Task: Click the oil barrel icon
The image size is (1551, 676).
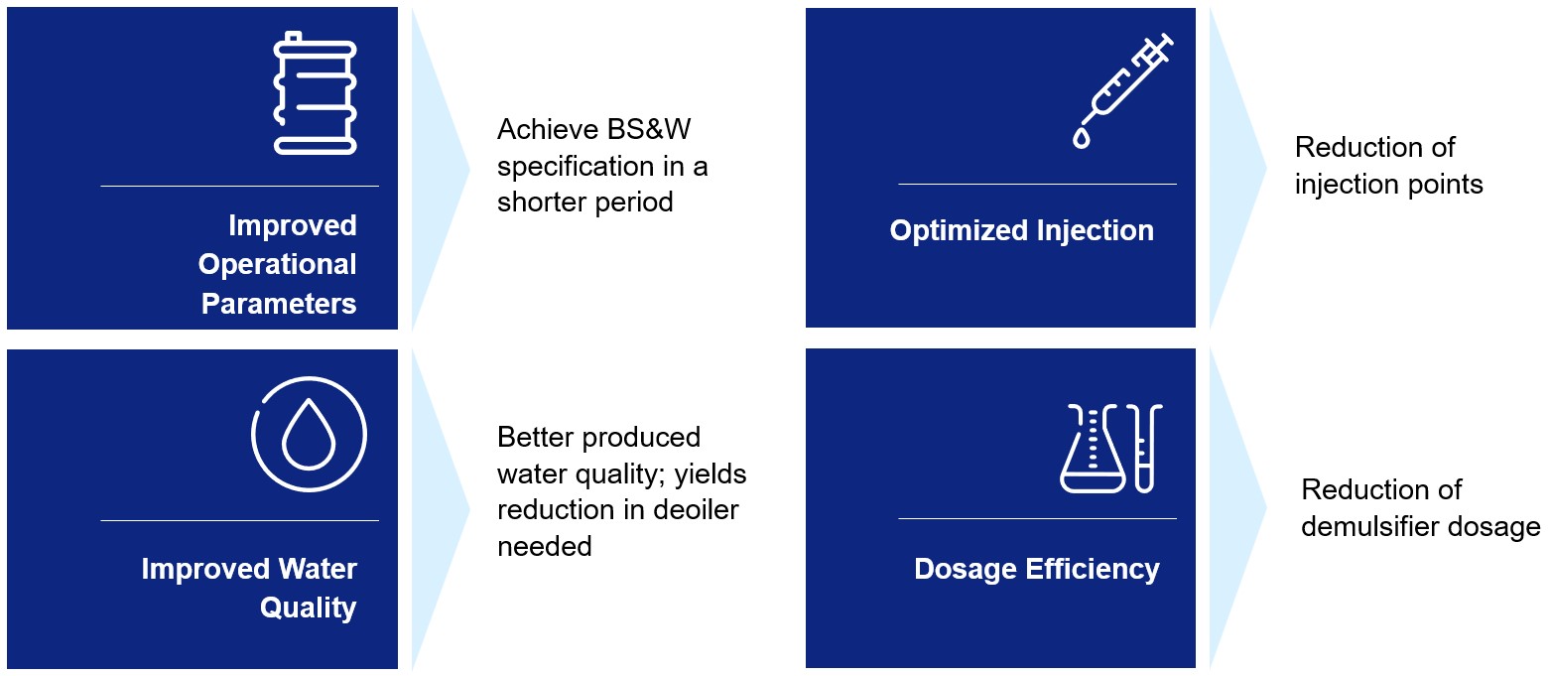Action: pyautogui.click(x=315, y=93)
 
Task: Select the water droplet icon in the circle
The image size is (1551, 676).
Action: pyautogui.click(x=309, y=435)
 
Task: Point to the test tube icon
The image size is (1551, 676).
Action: pyautogui.click(x=1145, y=449)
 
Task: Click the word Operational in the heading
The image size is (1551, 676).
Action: pyautogui.click(x=277, y=265)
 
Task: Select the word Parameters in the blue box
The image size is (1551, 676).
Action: pyautogui.click(x=279, y=304)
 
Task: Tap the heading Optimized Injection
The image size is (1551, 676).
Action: pyautogui.click(x=1021, y=231)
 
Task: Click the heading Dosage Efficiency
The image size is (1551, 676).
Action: pyautogui.click(x=1036, y=570)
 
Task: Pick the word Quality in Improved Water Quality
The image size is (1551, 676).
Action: pyautogui.click(x=308, y=608)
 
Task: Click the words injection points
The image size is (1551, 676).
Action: pyautogui.click(x=1388, y=185)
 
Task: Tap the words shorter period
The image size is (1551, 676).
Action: pyautogui.click(x=584, y=203)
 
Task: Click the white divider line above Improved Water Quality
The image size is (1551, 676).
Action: pyautogui.click(x=239, y=520)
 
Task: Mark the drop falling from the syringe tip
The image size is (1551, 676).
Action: pyautogui.click(x=1081, y=138)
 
